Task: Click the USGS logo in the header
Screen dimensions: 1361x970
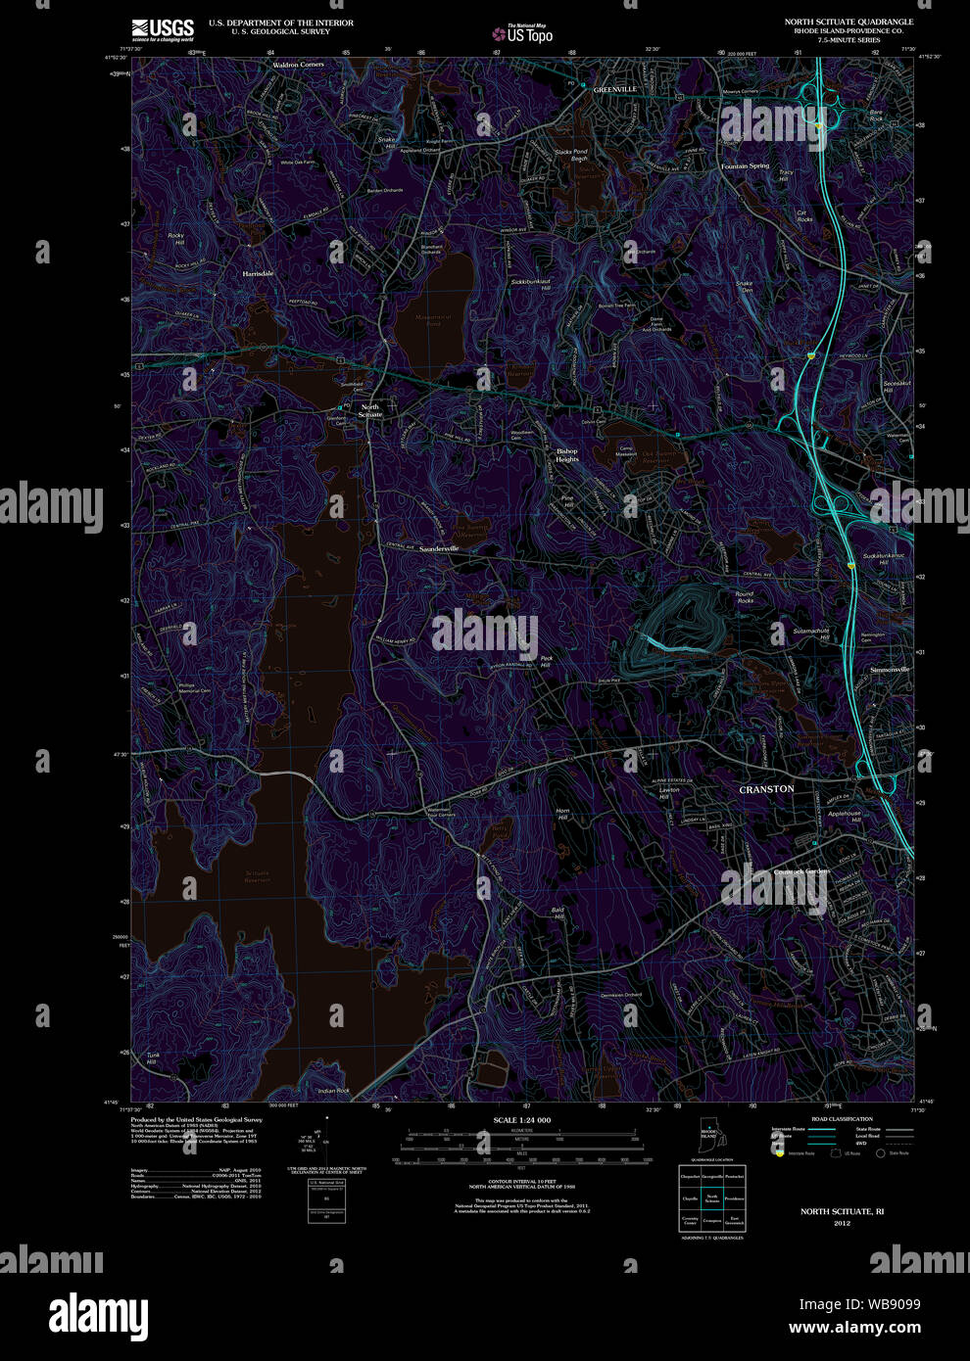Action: click(x=163, y=26)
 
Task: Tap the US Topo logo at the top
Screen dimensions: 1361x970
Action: click(x=523, y=33)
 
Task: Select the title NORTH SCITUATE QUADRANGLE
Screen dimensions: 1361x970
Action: click(x=849, y=22)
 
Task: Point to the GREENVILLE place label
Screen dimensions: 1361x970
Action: click(x=614, y=89)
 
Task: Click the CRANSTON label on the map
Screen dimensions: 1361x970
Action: click(x=766, y=788)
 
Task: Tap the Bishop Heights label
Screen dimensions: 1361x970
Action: click(x=567, y=455)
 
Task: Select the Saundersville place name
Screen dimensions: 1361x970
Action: click(x=439, y=548)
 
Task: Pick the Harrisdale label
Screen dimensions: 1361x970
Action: click(x=258, y=274)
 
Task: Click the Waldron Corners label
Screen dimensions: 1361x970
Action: click(x=298, y=65)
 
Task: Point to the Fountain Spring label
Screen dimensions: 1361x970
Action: click(x=746, y=166)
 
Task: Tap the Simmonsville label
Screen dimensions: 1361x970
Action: click(x=890, y=670)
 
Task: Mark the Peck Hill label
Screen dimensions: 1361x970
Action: click(x=546, y=662)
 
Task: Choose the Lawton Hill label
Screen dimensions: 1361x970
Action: click(x=669, y=793)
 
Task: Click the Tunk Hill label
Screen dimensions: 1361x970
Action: click(x=152, y=1058)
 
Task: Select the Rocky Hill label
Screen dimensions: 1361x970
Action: click(x=176, y=239)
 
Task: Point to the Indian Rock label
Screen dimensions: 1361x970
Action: click(x=334, y=1090)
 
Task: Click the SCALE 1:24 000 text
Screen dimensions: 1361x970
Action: click(x=521, y=1120)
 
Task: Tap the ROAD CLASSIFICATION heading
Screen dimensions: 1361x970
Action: click(x=843, y=1118)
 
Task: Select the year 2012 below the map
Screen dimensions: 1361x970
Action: click(x=842, y=1223)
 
